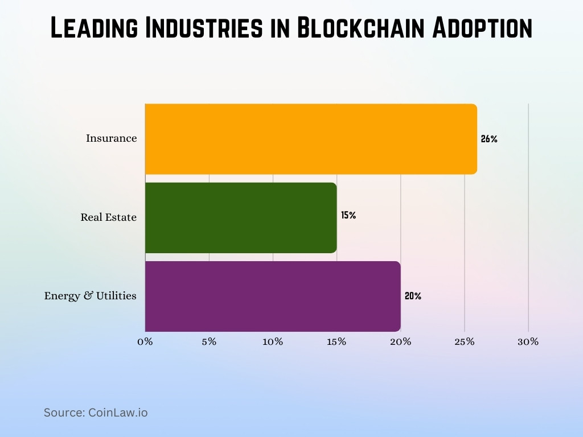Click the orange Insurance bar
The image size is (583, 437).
tap(311, 139)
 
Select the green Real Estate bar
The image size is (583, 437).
tap(241, 217)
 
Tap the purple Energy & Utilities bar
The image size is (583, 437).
tap(273, 296)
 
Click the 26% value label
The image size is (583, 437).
tap(489, 139)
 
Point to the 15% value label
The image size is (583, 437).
tap(348, 216)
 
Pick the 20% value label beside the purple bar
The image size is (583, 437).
tap(413, 296)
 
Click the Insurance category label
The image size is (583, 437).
tap(112, 138)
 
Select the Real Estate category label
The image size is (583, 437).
tap(109, 217)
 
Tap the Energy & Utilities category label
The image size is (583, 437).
tap(91, 296)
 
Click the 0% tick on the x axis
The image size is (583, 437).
tap(145, 341)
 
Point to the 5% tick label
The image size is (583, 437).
tap(209, 341)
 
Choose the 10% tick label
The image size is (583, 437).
tap(273, 341)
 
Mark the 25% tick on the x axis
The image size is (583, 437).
tap(465, 341)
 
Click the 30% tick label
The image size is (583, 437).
tap(528, 341)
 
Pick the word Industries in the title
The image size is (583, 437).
tap(197, 28)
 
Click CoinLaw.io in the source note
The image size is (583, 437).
tap(118, 413)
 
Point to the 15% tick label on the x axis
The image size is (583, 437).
tap(337, 341)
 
